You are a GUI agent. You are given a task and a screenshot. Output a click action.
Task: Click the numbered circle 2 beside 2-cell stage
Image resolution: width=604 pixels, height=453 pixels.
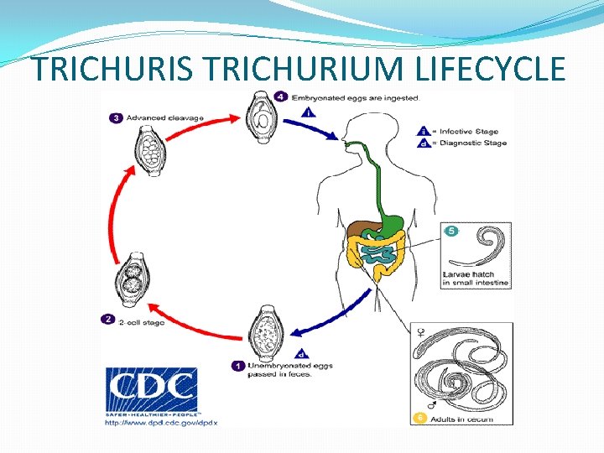107,319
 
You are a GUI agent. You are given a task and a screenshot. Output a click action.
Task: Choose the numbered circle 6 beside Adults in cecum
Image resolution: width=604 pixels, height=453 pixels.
419,417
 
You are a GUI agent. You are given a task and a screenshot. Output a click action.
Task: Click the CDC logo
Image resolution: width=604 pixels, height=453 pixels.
151,390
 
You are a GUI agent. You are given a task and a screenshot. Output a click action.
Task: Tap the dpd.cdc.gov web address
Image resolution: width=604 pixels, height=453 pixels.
160,423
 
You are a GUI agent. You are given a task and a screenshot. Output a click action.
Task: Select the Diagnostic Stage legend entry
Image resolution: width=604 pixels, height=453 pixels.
461,143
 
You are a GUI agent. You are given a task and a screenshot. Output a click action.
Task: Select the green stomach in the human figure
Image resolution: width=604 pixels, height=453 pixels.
392,221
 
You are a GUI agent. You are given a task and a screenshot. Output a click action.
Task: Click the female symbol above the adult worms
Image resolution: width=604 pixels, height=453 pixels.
419,334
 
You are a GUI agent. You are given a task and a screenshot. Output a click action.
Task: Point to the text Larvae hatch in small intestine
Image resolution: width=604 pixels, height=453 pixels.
476,279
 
